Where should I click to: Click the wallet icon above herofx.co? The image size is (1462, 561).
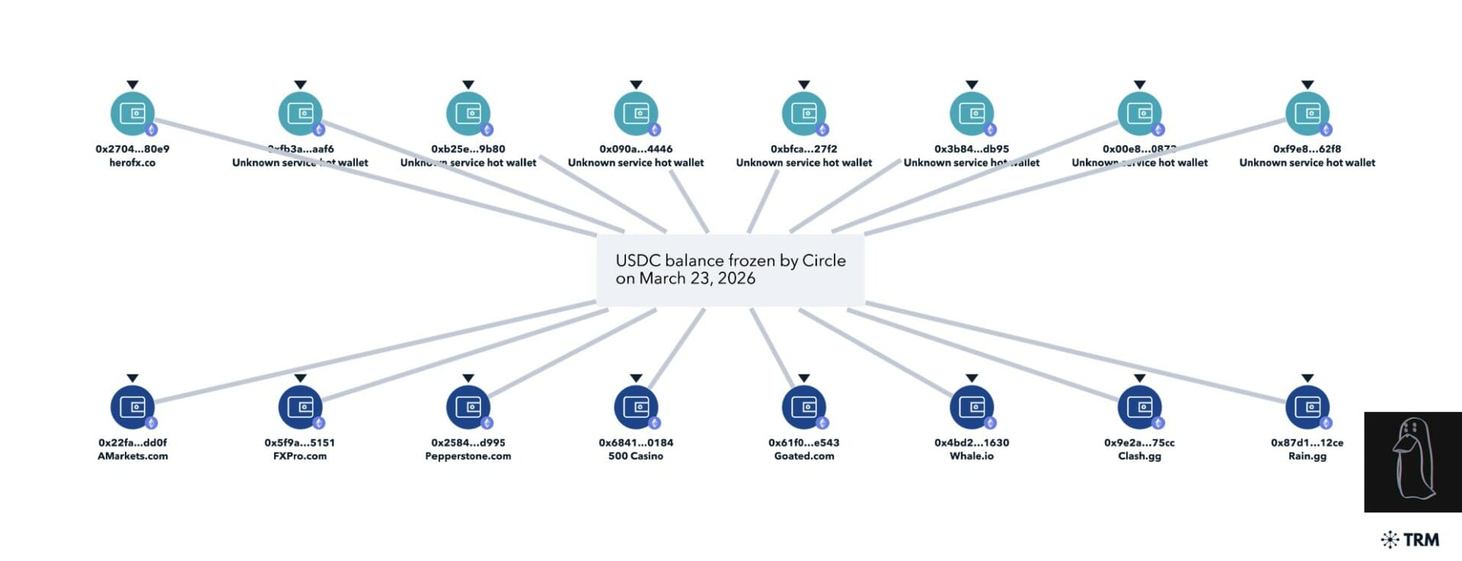132,113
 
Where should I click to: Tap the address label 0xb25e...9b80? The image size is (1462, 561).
468,149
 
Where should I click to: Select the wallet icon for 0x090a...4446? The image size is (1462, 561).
636,113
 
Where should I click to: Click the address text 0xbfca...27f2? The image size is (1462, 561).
803,149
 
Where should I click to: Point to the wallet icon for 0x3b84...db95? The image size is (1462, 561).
972,113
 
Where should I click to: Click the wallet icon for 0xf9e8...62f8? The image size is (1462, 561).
1307,113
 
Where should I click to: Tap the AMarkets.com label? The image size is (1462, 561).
132,457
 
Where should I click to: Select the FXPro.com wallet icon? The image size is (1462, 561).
300,407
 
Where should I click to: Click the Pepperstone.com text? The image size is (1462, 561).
468,457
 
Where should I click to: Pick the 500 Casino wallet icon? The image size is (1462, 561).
636,407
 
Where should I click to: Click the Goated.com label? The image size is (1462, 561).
804,457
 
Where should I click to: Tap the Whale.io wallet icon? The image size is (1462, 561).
972,407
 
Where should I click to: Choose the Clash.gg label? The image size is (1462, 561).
1139,457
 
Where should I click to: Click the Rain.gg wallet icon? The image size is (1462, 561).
1307,407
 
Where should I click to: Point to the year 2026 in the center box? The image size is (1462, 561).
736,279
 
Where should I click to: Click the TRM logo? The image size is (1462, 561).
1410,540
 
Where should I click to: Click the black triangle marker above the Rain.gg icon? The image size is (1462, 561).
1307,378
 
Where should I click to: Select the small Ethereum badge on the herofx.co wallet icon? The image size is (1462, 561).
151,129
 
